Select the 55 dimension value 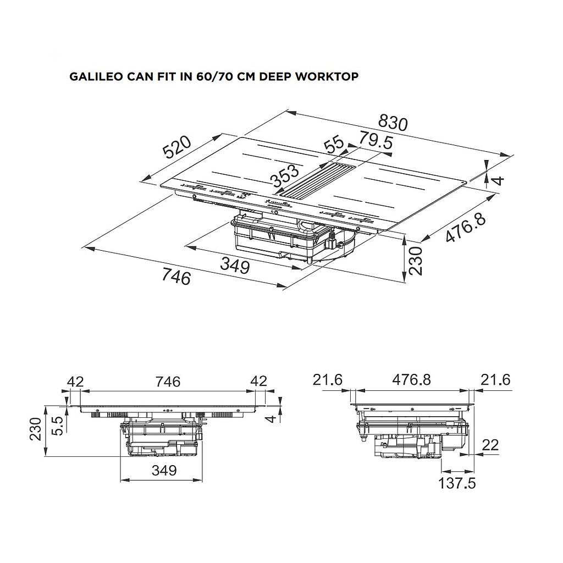334,146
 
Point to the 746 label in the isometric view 176,277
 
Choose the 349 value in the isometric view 235,266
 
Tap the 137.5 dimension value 457,483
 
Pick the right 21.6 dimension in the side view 496,379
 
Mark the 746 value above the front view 168,381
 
